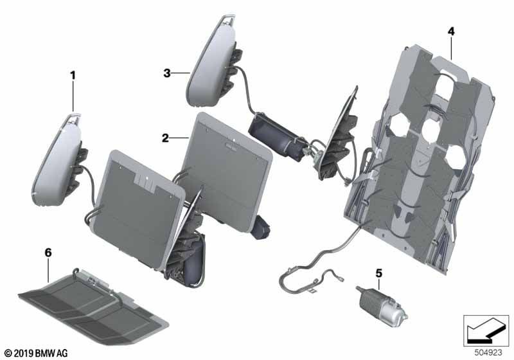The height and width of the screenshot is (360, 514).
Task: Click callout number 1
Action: pyautogui.click(x=73, y=75)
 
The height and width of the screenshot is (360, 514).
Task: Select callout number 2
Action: pyautogui.click(x=166, y=138)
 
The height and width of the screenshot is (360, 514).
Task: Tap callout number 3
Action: pyautogui.click(x=167, y=73)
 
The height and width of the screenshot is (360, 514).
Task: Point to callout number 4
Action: pyautogui.click(x=452, y=32)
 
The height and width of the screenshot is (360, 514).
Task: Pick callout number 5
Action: pyautogui.click(x=379, y=273)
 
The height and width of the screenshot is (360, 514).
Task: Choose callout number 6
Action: pyautogui.click(x=48, y=253)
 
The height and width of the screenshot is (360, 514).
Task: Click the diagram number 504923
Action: pyautogui.click(x=488, y=352)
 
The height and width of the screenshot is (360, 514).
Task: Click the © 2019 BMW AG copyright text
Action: pyautogui.click(x=37, y=354)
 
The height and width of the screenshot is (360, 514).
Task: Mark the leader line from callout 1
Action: pyautogui.click(x=73, y=96)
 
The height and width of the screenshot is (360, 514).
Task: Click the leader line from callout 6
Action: pyautogui.click(x=48, y=270)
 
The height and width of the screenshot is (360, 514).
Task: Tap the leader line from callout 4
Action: pyautogui.click(x=452, y=48)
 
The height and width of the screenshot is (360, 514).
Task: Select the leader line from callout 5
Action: pyautogui.click(x=379, y=284)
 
